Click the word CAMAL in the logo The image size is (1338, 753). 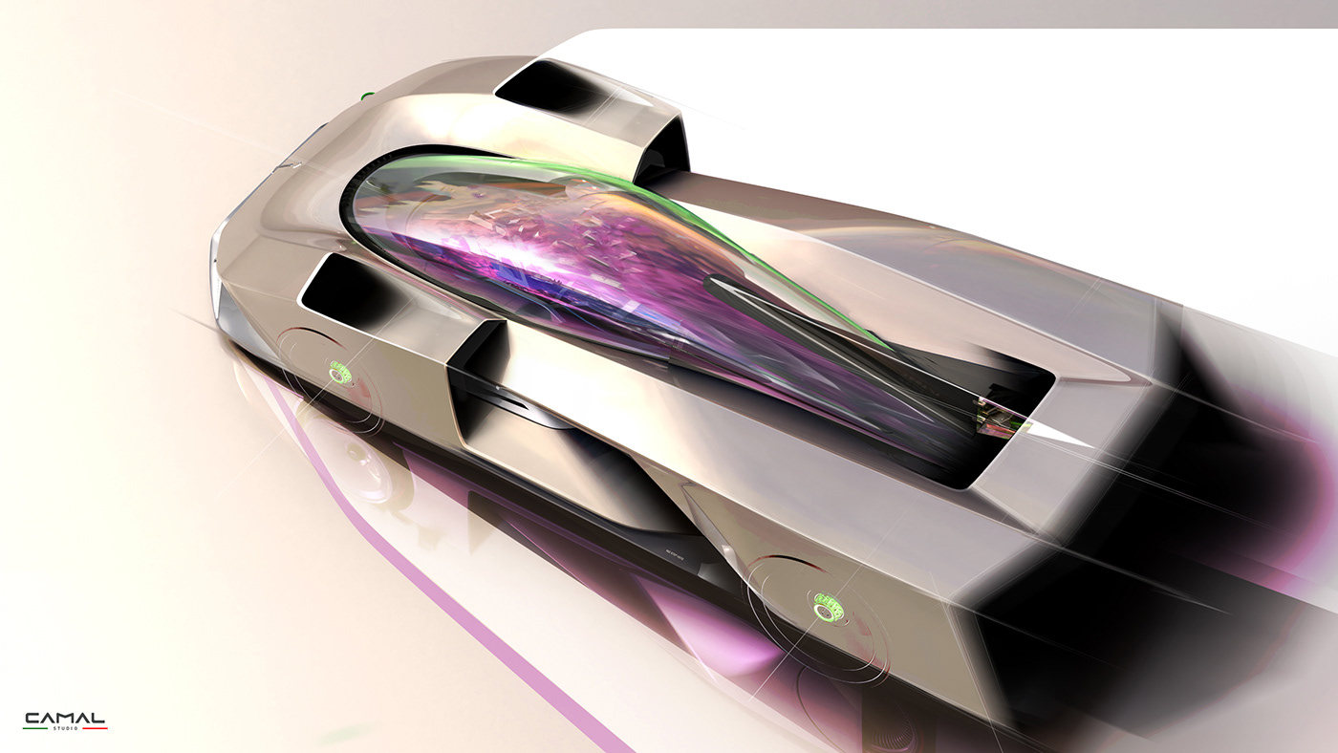pos(64,718)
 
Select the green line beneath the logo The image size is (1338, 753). pos(36,729)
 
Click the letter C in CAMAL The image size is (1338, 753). pos(32,718)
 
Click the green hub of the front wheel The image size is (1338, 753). pos(340,371)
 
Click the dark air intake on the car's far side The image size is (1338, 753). pos(545,86)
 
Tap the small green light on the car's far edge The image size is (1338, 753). pos(366,97)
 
